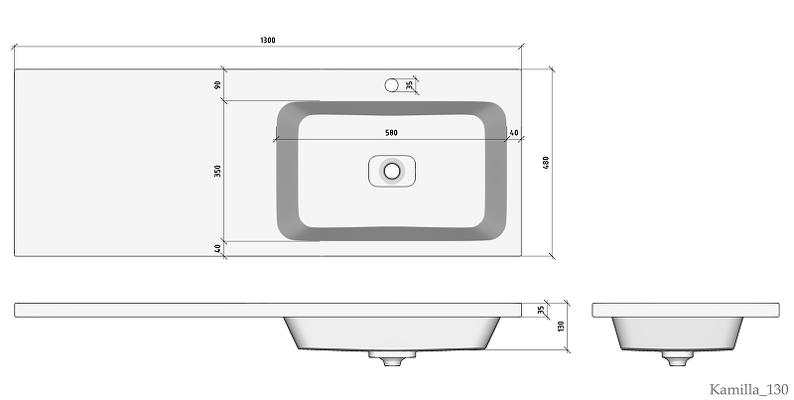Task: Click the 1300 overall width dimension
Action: click(268, 40)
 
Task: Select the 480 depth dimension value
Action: click(546, 163)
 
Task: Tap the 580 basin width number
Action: click(391, 133)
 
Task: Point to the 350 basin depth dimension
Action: click(217, 171)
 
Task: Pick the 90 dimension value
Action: click(217, 84)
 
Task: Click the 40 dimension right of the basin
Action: click(514, 133)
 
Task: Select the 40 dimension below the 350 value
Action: click(217, 248)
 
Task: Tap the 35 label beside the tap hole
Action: click(410, 85)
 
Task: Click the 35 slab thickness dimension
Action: click(541, 310)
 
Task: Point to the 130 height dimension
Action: click(561, 327)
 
